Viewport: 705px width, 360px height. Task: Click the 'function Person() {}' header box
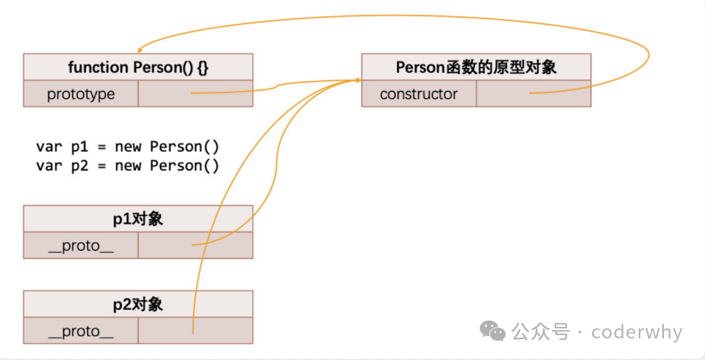pyautogui.click(x=138, y=67)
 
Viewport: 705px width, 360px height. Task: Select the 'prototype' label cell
pyautogui.click(x=81, y=94)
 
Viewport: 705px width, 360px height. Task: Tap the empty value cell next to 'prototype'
pyautogui.click(x=195, y=94)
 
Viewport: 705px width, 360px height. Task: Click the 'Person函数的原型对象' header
pyautogui.click(x=476, y=67)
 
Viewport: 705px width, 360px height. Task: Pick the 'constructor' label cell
pyautogui.click(x=419, y=94)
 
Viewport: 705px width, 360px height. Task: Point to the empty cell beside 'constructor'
pyautogui.click(x=533, y=94)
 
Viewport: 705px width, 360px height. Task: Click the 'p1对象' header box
pyautogui.click(x=138, y=219)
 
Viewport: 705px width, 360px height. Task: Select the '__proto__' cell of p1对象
pyautogui.click(x=81, y=246)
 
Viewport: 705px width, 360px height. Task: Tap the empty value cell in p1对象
pyautogui.click(x=195, y=246)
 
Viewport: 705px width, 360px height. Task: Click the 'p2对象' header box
pyautogui.click(x=138, y=304)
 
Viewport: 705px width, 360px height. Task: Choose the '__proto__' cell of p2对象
pyautogui.click(x=81, y=331)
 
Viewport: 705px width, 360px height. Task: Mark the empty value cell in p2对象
pyautogui.click(x=195, y=331)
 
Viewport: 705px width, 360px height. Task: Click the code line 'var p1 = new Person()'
pyautogui.click(x=127, y=147)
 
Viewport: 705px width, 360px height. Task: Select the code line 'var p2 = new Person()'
pyautogui.click(x=127, y=166)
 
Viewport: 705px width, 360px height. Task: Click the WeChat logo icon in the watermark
pyautogui.click(x=492, y=331)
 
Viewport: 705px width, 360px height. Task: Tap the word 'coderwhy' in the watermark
pyautogui.click(x=636, y=332)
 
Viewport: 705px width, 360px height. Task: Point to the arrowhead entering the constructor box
pyautogui.click(x=357, y=81)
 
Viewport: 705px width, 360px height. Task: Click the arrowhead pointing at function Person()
pyautogui.click(x=140, y=51)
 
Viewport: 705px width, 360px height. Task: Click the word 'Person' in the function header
pyautogui.click(x=155, y=67)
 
